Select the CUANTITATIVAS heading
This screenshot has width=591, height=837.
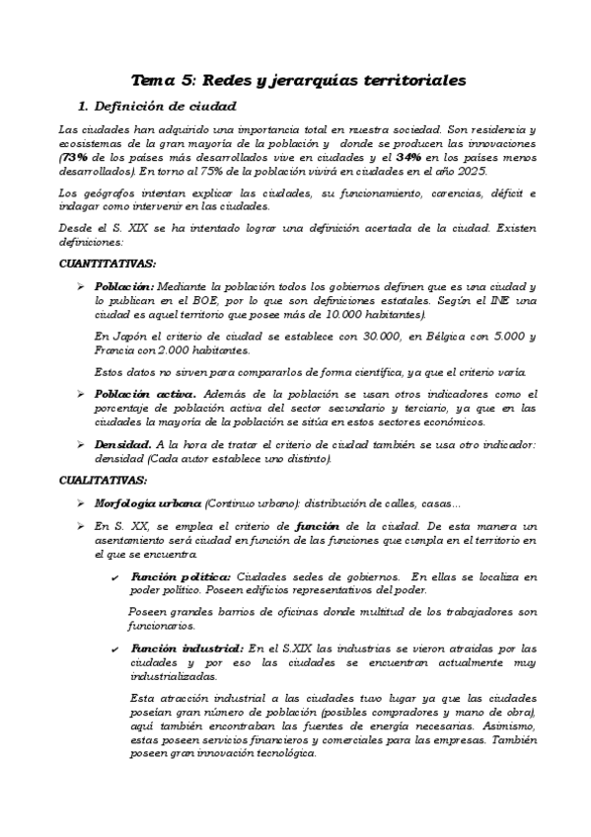[107, 265]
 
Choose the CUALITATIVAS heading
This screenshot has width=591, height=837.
[104, 481]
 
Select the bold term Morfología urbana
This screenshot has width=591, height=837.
[148, 502]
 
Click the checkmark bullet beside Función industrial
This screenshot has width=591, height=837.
[116, 648]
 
